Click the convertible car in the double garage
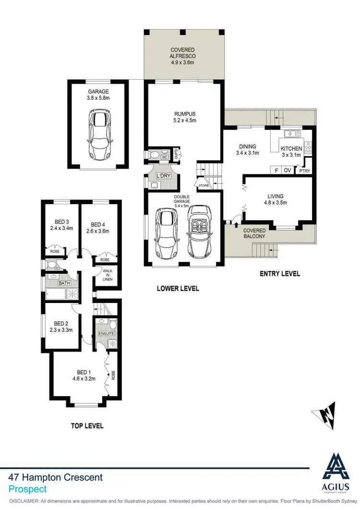point(199,232)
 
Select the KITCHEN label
point(292,148)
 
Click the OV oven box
point(288,170)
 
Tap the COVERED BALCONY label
point(254,233)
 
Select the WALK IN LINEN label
point(108,273)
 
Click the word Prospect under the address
point(28,489)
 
